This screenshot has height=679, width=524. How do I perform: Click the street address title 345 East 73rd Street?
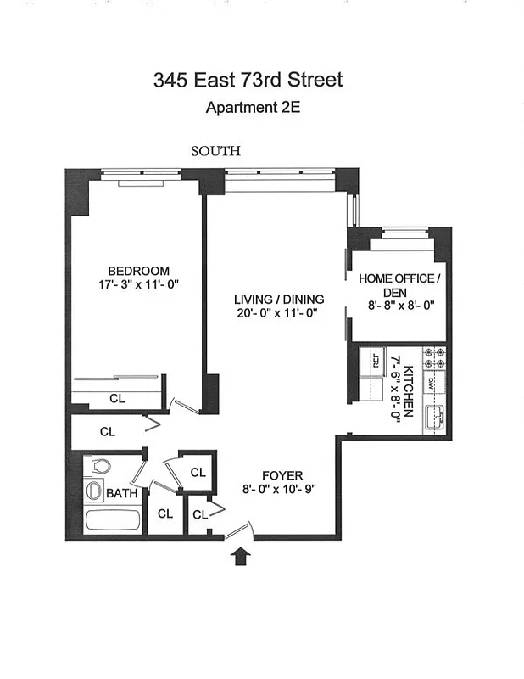(248, 81)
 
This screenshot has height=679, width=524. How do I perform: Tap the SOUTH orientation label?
(215, 151)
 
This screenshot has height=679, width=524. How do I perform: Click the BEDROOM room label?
(138, 271)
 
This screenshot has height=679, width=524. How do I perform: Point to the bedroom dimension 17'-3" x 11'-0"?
(138, 285)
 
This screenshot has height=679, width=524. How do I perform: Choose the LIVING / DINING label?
(275, 299)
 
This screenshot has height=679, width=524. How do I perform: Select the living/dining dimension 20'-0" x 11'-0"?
(275, 313)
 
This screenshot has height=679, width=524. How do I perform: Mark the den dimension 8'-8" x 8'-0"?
(396, 307)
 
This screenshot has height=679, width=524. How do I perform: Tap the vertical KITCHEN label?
(409, 390)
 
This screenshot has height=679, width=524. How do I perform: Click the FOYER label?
(282, 475)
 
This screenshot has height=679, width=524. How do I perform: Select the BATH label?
(121, 492)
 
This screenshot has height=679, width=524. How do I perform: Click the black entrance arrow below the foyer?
(242, 557)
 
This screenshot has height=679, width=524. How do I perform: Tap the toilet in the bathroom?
(99, 467)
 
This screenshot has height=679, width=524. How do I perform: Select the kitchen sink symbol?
(436, 416)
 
